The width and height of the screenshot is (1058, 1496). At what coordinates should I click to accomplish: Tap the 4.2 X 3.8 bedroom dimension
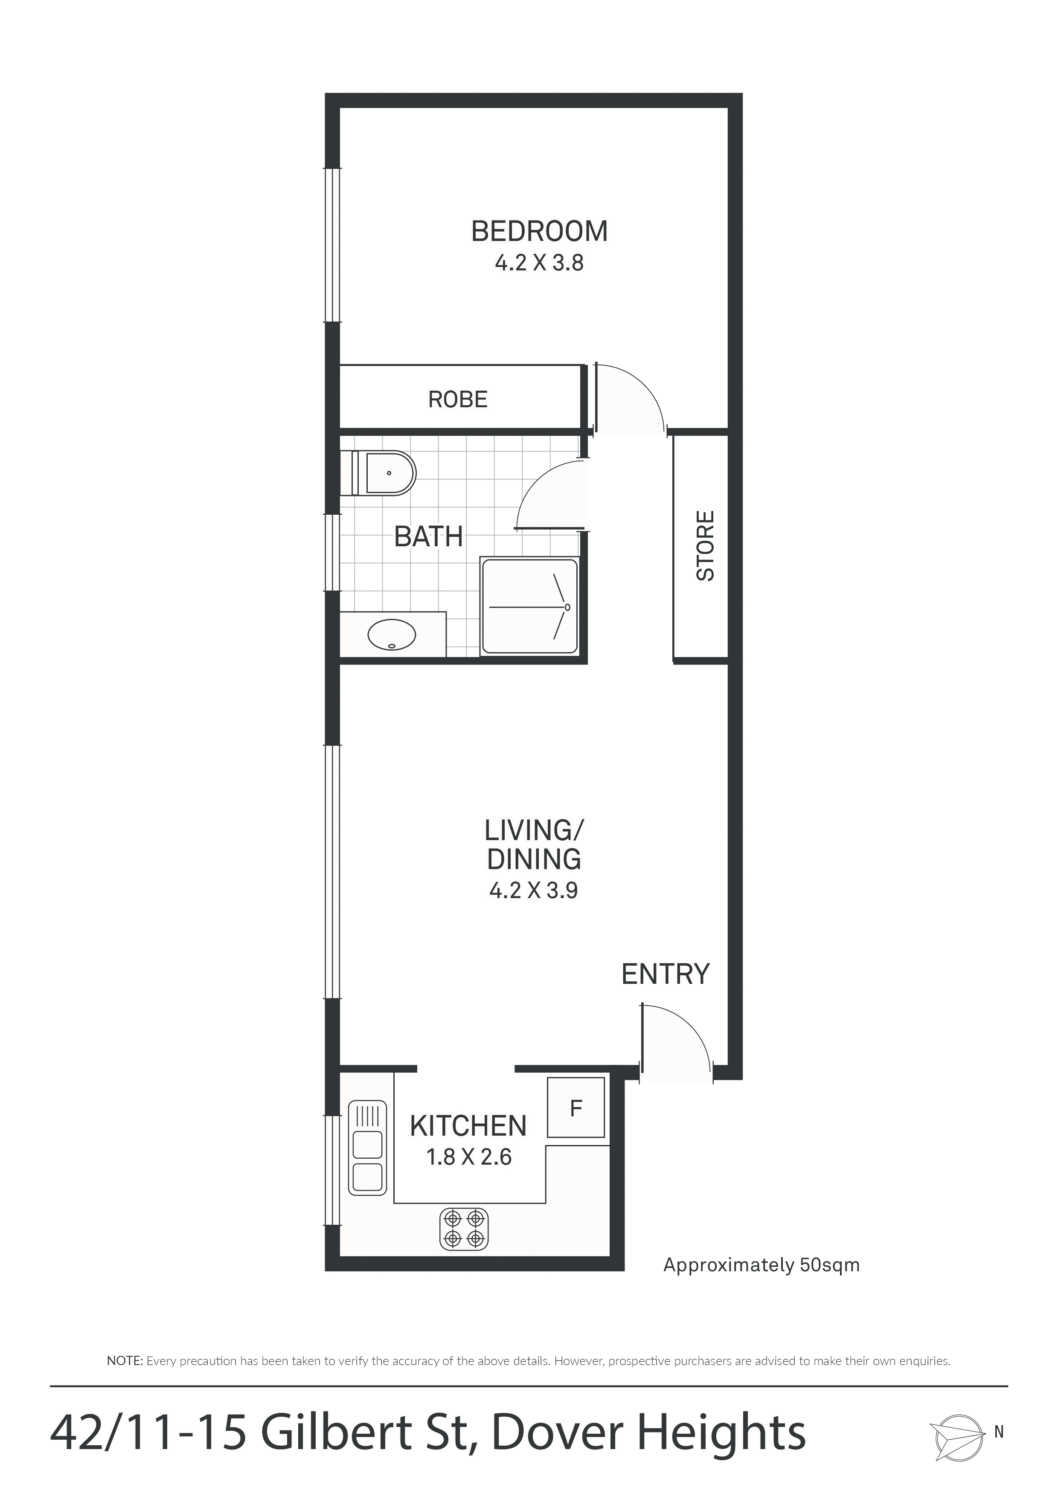point(539,263)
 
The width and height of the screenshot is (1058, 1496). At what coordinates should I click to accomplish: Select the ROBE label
point(458,400)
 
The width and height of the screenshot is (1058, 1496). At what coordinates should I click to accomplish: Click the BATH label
point(428,537)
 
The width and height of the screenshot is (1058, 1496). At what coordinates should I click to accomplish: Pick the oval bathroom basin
point(392,634)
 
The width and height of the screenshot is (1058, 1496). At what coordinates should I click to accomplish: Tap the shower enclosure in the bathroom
point(529,606)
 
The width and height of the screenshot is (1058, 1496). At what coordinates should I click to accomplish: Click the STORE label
point(705,545)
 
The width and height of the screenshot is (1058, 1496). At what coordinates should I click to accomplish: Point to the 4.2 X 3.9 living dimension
point(533,890)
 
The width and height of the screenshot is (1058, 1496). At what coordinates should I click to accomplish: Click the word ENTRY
point(665,974)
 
